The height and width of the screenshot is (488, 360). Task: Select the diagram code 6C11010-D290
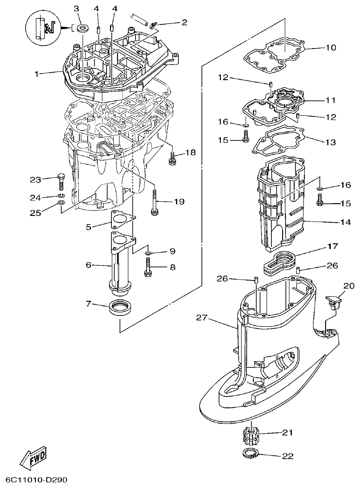point(33,480)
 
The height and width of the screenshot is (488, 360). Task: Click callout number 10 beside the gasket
point(330,48)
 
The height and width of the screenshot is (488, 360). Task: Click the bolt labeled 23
point(60,181)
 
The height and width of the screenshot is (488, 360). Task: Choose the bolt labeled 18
point(172,158)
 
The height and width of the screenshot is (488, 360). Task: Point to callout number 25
point(35,213)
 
